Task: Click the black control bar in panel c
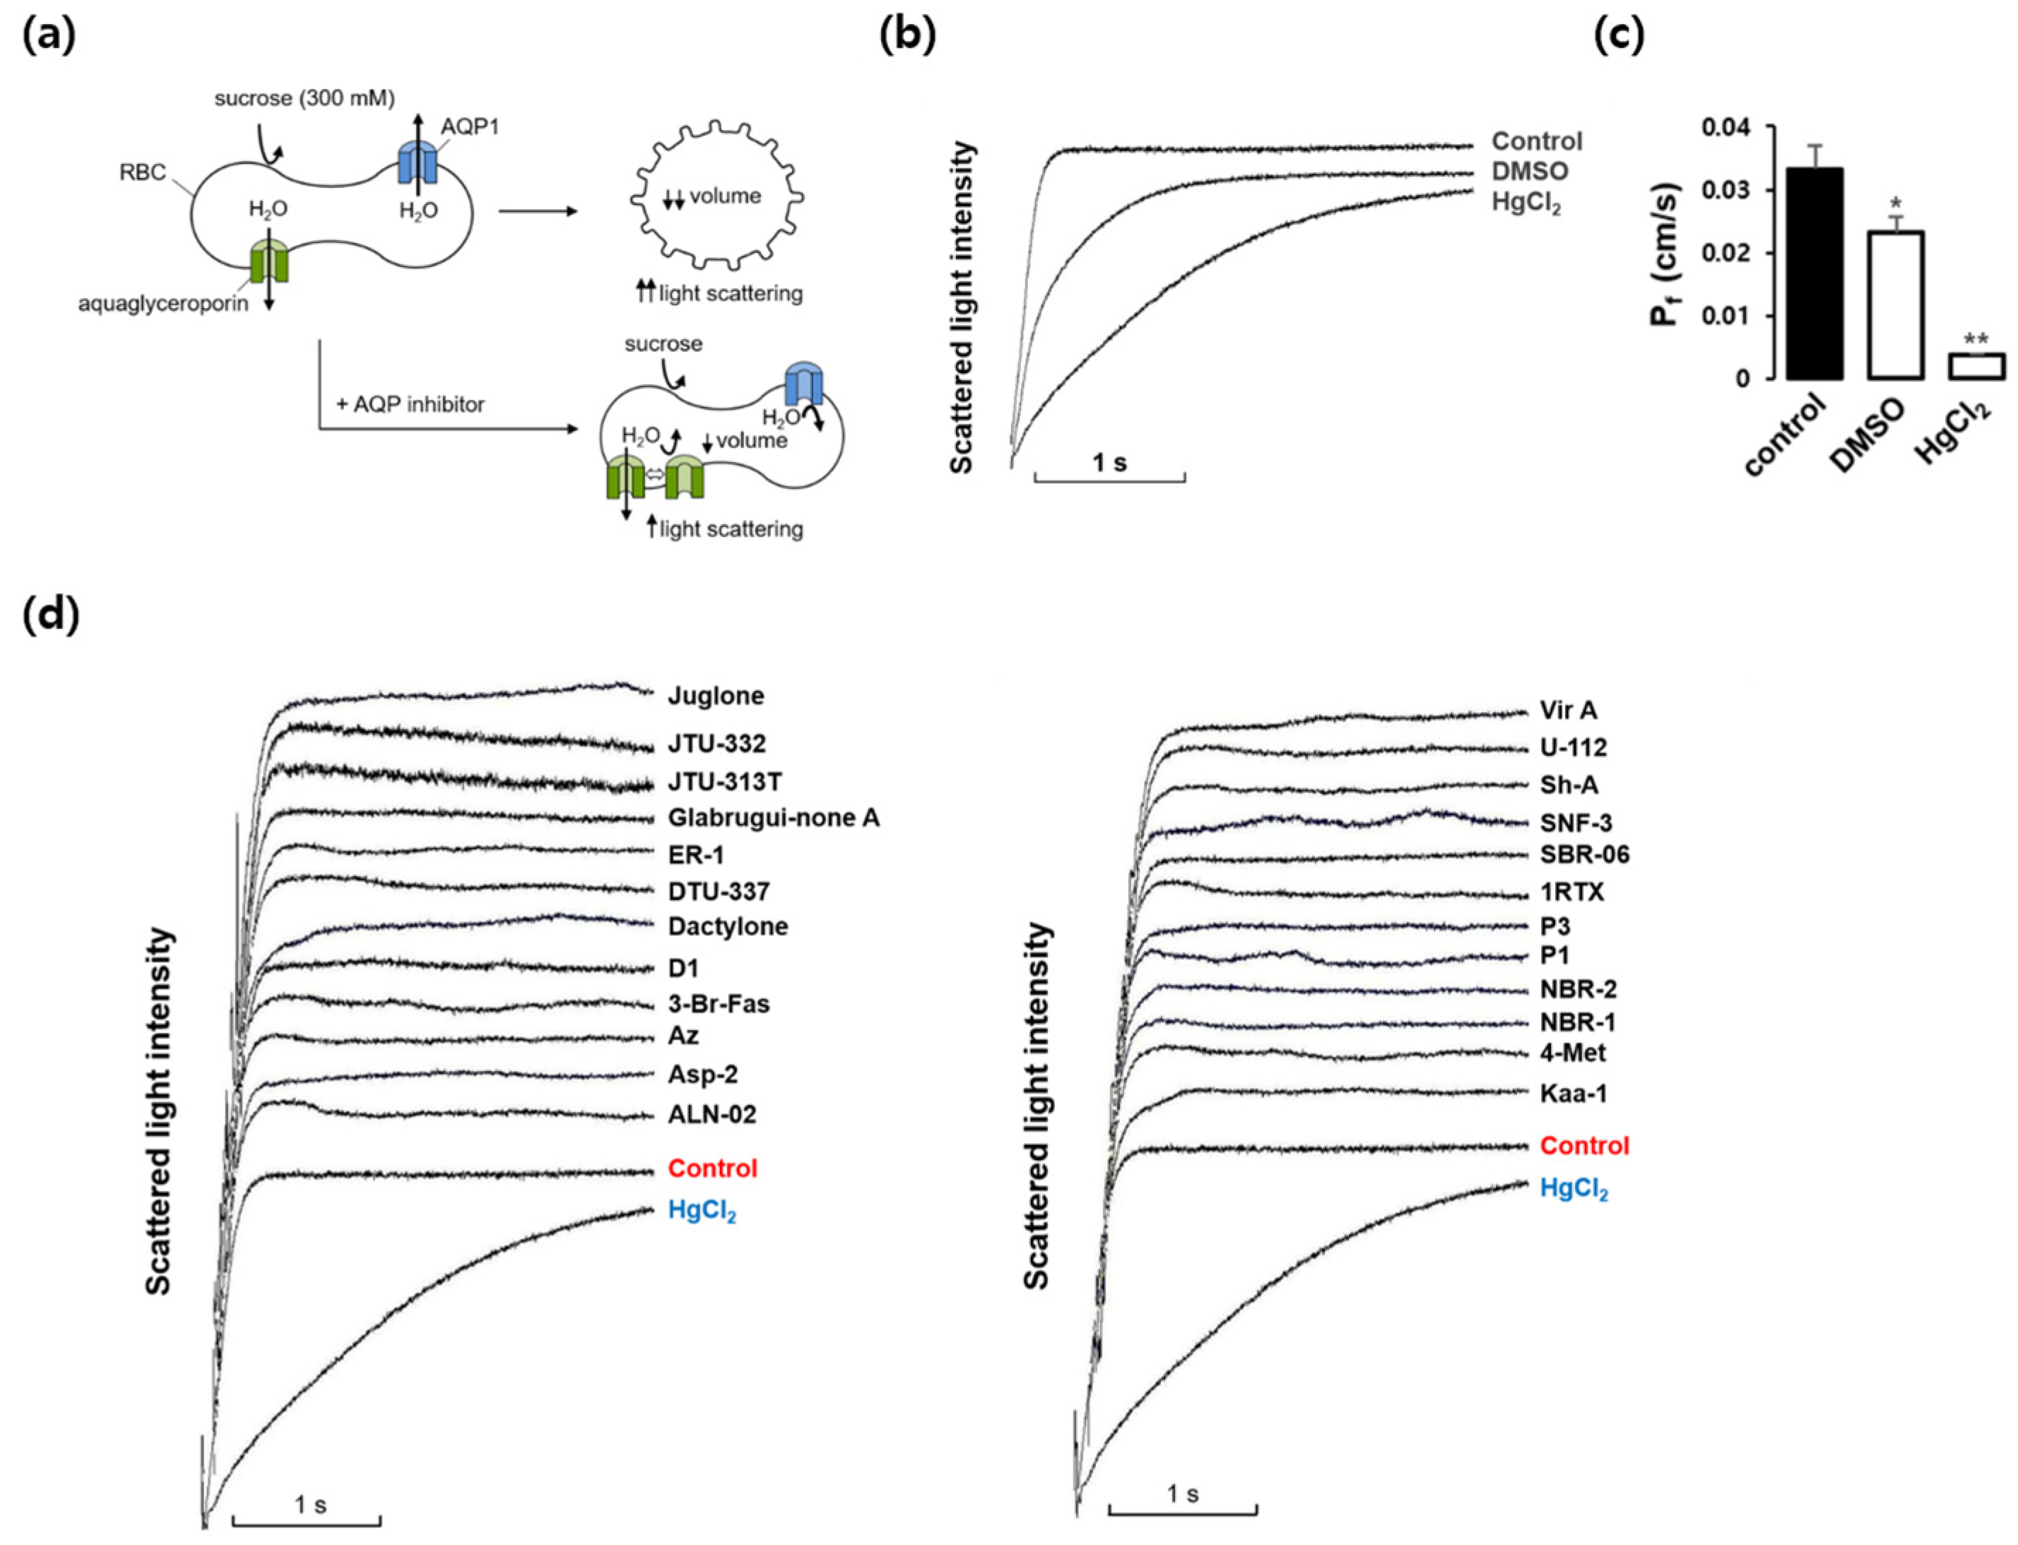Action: [1815, 273]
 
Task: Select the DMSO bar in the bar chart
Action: [1895, 304]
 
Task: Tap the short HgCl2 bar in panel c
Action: [1975, 366]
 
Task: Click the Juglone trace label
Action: [716, 696]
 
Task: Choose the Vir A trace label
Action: [1568, 711]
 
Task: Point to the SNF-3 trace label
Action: [1576, 823]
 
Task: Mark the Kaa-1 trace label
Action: [1574, 1094]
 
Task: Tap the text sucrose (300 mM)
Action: [305, 98]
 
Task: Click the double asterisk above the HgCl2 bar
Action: [1975, 339]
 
